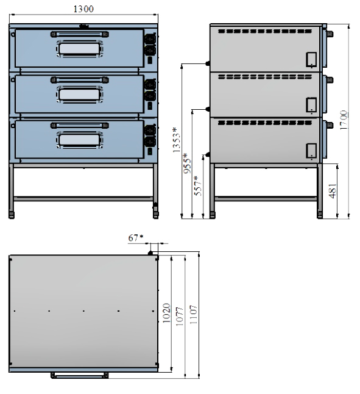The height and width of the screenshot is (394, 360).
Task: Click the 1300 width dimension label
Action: click(x=83, y=9)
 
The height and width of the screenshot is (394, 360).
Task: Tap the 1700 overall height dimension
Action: click(x=344, y=120)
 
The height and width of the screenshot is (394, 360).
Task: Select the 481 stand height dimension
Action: click(x=333, y=191)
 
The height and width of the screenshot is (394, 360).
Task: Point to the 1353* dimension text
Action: click(x=177, y=140)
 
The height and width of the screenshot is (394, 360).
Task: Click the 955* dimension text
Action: click(x=187, y=163)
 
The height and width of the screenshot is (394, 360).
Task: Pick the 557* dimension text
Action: click(x=198, y=186)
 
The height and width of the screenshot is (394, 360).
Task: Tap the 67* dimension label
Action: click(x=135, y=237)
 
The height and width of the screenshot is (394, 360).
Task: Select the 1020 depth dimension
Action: click(x=166, y=313)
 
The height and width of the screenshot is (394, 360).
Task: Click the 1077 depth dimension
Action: click(x=180, y=317)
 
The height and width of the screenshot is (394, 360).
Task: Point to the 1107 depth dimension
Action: click(x=194, y=314)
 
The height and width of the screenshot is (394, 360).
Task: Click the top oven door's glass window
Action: click(x=80, y=49)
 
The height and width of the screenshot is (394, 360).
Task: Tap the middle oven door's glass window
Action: click(x=80, y=94)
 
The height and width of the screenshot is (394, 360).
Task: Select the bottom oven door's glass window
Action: click(x=80, y=140)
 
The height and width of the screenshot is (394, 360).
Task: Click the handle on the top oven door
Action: click(x=80, y=34)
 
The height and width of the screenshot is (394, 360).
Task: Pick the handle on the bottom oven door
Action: click(x=80, y=126)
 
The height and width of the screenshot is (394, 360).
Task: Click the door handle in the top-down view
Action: click(x=80, y=375)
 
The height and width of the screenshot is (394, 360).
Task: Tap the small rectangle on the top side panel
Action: click(x=311, y=60)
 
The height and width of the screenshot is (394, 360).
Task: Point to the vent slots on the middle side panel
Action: click(x=265, y=77)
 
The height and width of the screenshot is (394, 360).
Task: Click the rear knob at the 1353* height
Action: click(x=208, y=63)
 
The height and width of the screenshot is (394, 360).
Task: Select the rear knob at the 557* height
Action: click(x=208, y=154)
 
